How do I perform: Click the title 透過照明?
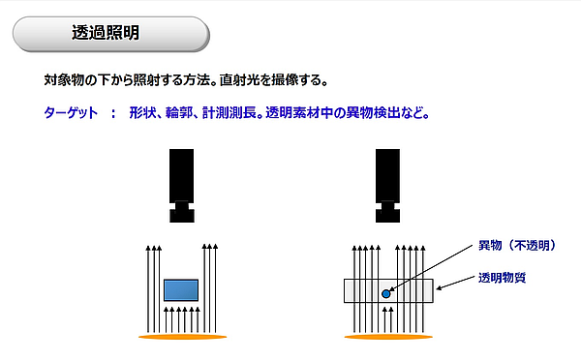pyautogui.click(x=106, y=33)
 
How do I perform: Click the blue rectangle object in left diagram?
pyautogui.click(x=181, y=290)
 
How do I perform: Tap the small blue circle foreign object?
pyautogui.click(x=386, y=294)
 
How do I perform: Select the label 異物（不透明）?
pyautogui.click(x=517, y=245)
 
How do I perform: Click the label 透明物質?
pyautogui.click(x=502, y=278)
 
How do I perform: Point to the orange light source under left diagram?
pyautogui.click(x=183, y=337)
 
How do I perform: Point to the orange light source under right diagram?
pyautogui.click(x=388, y=337)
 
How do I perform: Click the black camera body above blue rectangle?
pyautogui.click(x=182, y=176)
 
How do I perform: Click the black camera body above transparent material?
pyautogui.click(x=387, y=176)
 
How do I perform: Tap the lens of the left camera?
pyautogui.click(x=182, y=213)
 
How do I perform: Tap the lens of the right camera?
pyautogui.click(x=387, y=213)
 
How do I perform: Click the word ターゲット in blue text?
pyautogui.click(x=71, y=112)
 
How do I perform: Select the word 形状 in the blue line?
pyautogui.click(x=142, y=112)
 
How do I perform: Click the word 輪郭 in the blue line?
pyautogui.click(x=179, y=112)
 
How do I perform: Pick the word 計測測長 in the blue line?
pyautogui.click(x=229, y=112)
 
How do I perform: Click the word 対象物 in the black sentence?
pyautogui.click(x=64, y=80)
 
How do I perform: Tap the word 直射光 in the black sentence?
pyautogui.click(x=239, y=80)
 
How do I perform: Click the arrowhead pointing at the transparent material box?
pyautogui.click(x=439, y=287)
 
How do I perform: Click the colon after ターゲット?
pyautogui.click(x=113, y=113)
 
